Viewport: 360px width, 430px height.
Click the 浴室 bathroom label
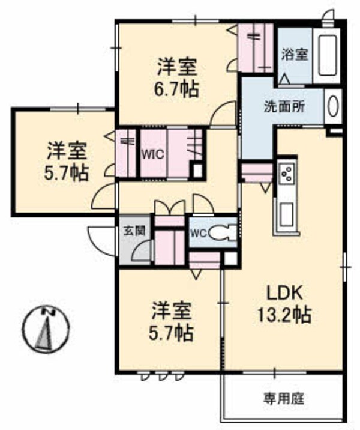click(295, 55)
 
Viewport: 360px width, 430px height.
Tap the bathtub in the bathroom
click(328, 57)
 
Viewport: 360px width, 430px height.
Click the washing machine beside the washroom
click(334, 107)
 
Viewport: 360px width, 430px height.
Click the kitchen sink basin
click(286, 213)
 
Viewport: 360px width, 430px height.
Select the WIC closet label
click(153, 153)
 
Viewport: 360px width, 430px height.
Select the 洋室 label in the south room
click(171, 312)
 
